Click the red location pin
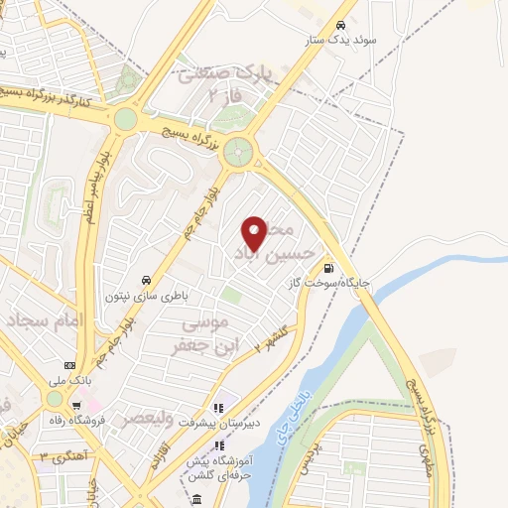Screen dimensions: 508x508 point(255,233)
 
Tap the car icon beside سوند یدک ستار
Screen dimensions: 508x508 point(340,26)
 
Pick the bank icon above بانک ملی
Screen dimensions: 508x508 point(69,364)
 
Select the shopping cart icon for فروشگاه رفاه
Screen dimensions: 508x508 point(76,405)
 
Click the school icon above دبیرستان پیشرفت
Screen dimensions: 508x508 point(219,406)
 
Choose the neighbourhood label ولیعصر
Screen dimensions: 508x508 point(147,420)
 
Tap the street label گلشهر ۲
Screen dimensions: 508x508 point(270,339)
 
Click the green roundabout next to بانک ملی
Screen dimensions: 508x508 point(54,398)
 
